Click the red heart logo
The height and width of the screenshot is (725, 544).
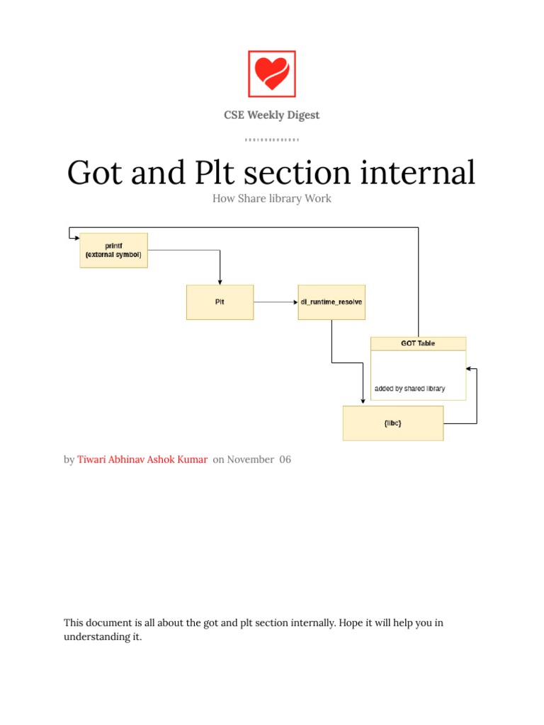click(x=271, y=74)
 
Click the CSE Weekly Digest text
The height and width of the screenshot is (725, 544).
click(x=271, y=115)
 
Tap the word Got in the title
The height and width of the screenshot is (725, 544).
click(x=96, y=173)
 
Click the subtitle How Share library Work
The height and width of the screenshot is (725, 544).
click(x=271, y=199)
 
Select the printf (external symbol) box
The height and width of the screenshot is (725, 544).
click(x=113, y=250)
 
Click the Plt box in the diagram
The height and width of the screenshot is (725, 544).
click(x=220, y=302)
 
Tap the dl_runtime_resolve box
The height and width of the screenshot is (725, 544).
click(x=331, y=302)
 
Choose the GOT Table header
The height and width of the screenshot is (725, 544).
click(x=418, y=343)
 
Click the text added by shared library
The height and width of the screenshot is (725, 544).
click(x=409, y=389)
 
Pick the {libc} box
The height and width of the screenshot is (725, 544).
click(x=392, y=423)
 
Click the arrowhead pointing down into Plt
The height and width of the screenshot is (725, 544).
click(x=220, y=281)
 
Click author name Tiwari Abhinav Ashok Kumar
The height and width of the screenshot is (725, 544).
click(x=142, y=459)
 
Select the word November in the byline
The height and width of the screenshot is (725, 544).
click(x=250, y=459)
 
